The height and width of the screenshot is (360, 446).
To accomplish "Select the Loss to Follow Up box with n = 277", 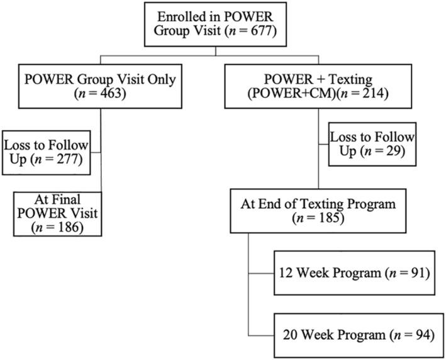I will [46, 152].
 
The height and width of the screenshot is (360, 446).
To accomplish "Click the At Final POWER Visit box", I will [57, 214].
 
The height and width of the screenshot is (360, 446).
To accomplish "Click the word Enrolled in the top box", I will [184, 18].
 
